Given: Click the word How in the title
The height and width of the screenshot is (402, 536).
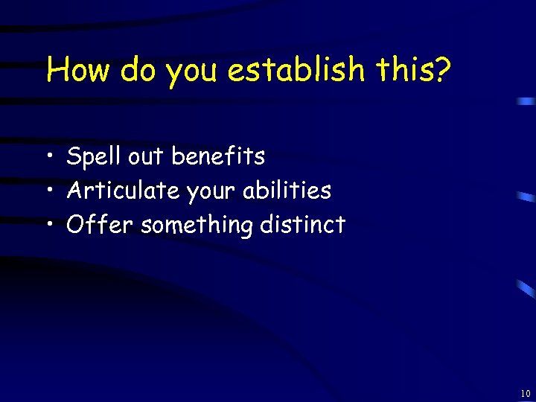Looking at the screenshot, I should (78, 71).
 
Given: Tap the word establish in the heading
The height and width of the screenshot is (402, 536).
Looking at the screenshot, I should (296, 71).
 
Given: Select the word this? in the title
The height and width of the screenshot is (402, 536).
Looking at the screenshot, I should (412, 71).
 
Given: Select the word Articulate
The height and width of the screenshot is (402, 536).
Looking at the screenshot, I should (123, 191).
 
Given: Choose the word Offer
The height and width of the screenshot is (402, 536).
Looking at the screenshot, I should (100, 224).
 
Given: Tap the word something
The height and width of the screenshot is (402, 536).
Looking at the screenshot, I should (196, 226).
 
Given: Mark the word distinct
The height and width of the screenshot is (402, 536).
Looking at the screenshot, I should (303, 224).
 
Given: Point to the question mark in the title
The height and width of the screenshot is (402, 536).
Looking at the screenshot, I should (442, 71).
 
